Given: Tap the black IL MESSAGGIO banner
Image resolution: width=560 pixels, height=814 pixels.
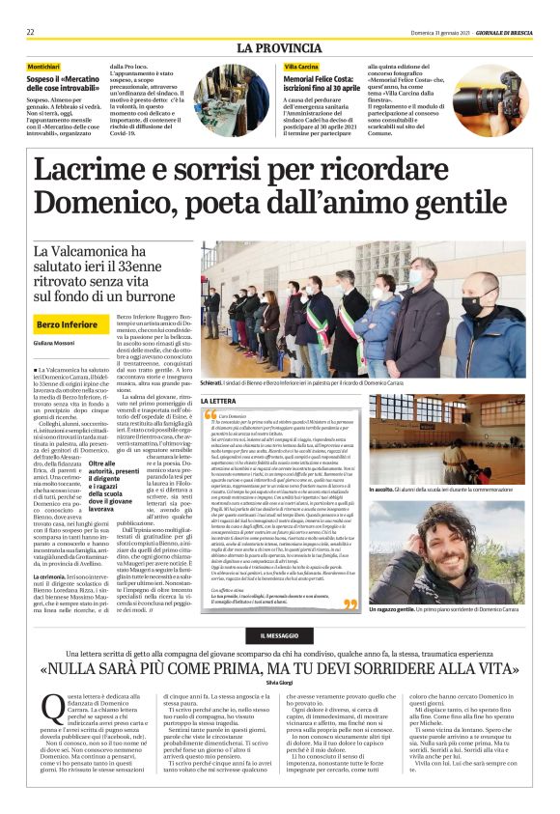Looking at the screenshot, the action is tap(280, 634).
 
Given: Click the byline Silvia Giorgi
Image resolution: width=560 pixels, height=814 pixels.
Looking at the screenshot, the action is tap(279, 683).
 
